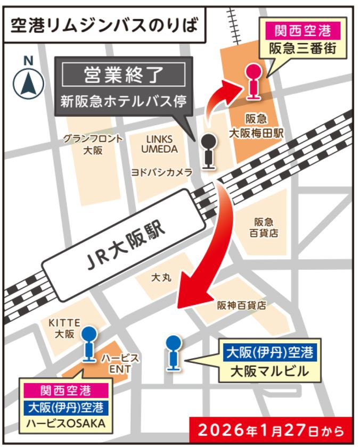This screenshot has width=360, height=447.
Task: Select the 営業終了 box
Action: [124, 75]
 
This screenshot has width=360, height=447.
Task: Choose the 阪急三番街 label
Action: [302, 49]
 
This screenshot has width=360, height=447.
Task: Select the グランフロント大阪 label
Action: [93, 144]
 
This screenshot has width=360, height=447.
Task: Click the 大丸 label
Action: [161, 277]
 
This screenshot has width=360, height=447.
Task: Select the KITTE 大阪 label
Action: [64, 328]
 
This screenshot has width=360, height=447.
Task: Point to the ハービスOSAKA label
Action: [65, 424]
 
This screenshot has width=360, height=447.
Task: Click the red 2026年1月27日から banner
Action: [272, 429]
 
